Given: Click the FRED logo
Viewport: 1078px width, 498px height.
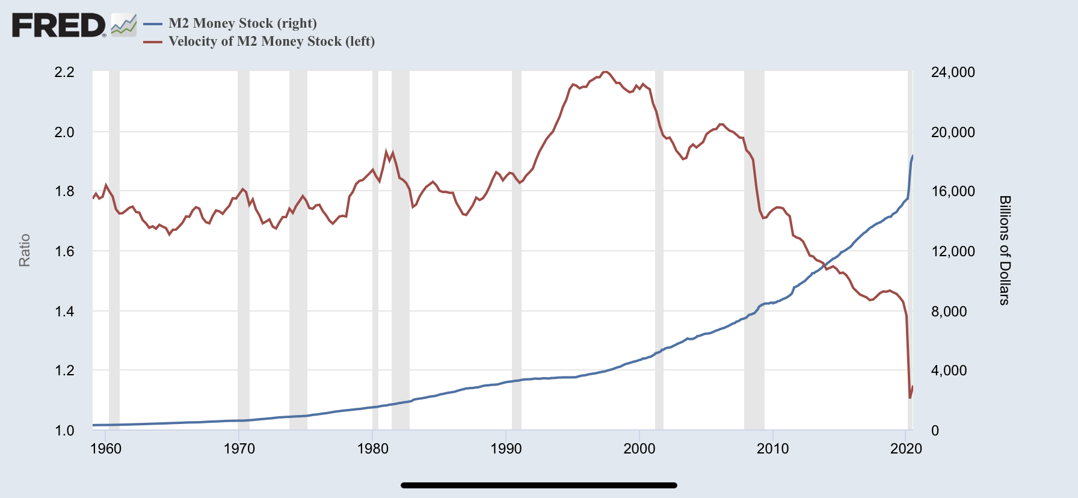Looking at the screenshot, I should pos(58,25).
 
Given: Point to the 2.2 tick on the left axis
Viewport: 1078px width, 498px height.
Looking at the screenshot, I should pos(64,72).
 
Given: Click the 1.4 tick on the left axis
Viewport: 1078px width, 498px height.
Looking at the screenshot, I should pos(64,311).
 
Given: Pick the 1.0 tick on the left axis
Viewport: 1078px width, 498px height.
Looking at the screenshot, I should pos(64,431).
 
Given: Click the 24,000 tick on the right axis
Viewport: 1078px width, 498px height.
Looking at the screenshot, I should pos(953,72).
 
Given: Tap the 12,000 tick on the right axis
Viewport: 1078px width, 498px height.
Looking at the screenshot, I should pos(953,251).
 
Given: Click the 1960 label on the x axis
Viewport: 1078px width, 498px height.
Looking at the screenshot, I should pos(106,449).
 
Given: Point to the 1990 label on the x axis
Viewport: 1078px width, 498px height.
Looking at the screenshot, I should pos(506,449).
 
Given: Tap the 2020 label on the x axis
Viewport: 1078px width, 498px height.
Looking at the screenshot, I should pos(906,449).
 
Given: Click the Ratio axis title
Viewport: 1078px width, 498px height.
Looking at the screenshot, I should pos(25,250).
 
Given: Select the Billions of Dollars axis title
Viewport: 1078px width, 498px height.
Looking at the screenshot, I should pos(1005,250).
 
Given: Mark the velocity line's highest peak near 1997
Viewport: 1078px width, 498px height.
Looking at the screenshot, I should pos(605,72).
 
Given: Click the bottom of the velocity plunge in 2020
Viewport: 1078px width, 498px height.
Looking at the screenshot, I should pos(910,398).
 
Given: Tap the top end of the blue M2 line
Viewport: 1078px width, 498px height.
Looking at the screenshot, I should pos(913,156).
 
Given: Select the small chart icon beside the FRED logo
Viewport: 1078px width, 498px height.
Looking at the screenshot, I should pos(124,25).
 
